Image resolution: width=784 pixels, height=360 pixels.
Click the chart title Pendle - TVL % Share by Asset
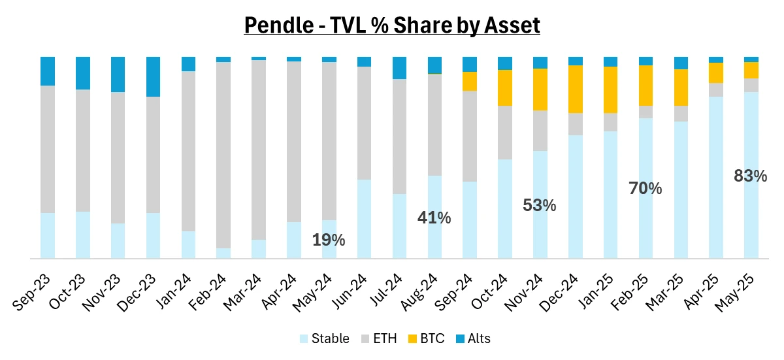coord(392,25)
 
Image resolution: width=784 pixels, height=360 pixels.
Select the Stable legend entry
coord(325,338)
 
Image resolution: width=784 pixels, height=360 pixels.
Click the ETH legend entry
coord(379,338)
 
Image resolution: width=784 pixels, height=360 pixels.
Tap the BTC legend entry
coord(426,338)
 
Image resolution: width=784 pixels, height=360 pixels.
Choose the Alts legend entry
coord(473,338)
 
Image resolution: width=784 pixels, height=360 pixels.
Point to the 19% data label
coord(329,240)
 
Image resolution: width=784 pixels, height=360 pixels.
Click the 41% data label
coord(434,218)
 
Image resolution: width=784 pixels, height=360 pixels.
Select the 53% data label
coord(540,205)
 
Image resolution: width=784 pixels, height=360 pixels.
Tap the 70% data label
coord(645,188)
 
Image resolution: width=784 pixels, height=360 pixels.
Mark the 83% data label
coord(751,176)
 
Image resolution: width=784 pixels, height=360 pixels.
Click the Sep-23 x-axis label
coord(31,292)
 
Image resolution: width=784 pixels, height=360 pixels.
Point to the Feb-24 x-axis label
coord(208,292)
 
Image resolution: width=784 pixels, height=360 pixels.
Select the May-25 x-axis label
coord(734,292)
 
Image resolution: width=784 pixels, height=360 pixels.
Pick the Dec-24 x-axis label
coord(559,292)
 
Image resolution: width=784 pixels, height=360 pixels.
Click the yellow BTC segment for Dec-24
coord(576,90)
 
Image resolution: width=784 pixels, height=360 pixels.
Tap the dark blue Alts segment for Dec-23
coord(154,76)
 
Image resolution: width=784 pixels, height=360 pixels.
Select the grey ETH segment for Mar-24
coord(259,150)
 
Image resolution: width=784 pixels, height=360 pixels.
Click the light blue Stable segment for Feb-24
coord(223,254)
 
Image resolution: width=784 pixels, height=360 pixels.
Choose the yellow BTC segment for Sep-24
coord(470,81)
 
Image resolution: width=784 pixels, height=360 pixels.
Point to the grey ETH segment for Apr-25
coord(716,90)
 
